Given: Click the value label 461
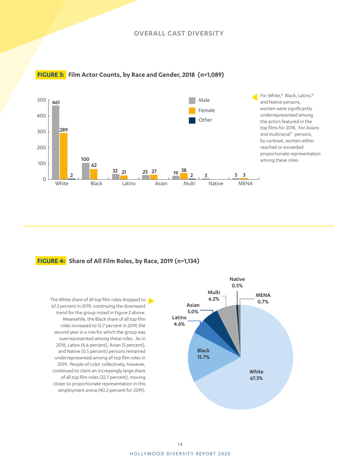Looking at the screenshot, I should (56, 102).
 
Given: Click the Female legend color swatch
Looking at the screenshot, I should (192, 110).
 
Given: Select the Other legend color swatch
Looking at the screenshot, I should (192, 120).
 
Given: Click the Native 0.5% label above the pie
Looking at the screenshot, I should (238, 282).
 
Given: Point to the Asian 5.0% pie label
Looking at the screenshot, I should (193, 308).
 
